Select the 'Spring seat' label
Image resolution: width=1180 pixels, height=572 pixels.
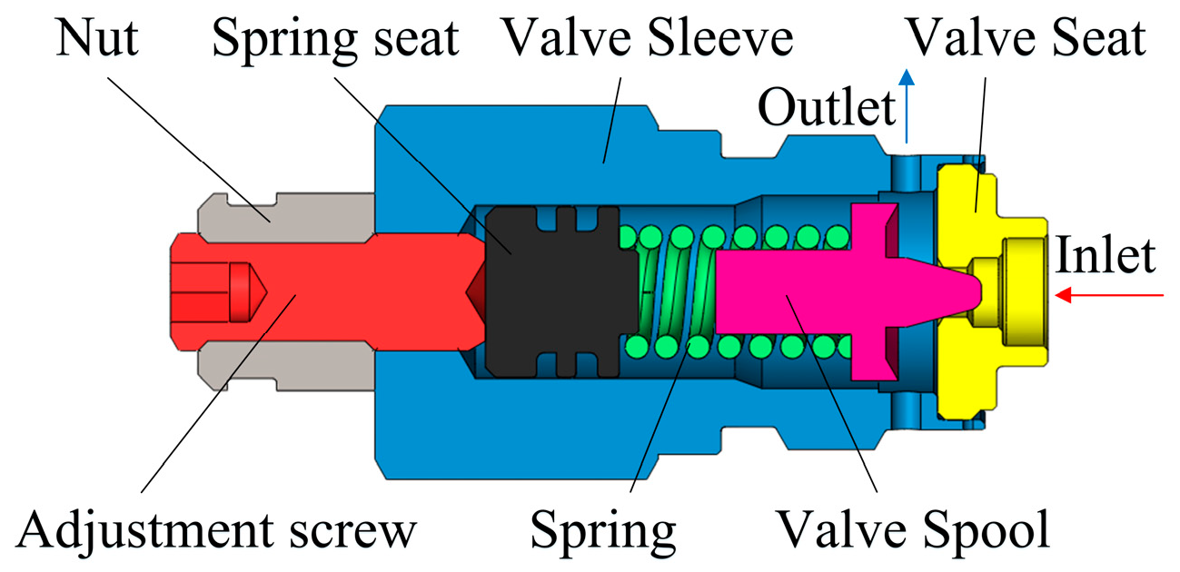[x=334, y=38]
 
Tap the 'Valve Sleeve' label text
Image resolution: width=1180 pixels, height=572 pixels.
[x=649, y=38]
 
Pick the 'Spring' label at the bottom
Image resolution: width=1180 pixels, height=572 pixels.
[x=603, y=528]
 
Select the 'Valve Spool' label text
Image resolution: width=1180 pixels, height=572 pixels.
[x=912, y=528]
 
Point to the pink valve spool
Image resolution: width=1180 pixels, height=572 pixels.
[x=781, y=291]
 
